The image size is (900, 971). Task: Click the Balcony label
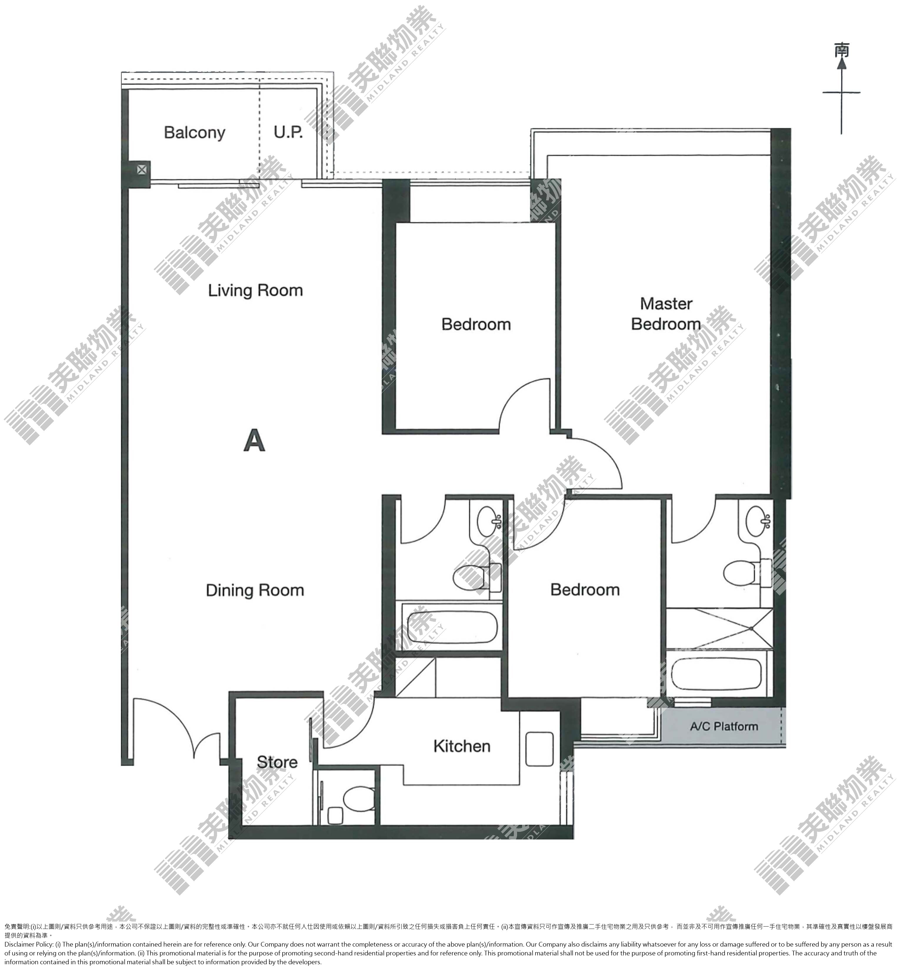(194, 132)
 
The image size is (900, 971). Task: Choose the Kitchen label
(462, 746)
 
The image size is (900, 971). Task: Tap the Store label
(277, 761)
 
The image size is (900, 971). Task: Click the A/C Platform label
(724, 726)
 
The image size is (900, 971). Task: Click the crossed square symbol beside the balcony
(141, 170)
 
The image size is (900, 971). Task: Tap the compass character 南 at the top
(841, 50)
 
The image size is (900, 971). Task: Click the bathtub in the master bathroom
(716, 674)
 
